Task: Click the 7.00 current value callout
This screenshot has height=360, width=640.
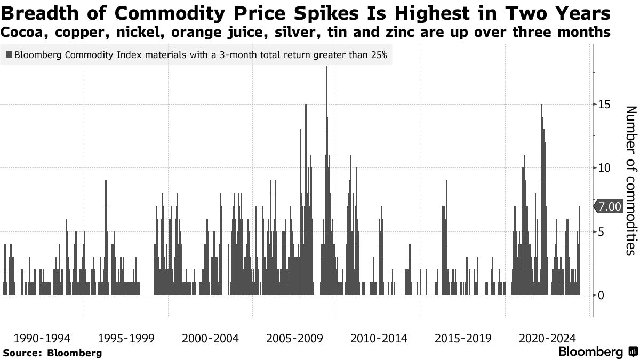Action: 609,207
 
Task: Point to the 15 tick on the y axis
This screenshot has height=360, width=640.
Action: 602,105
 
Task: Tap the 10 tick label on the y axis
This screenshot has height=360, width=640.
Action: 602,168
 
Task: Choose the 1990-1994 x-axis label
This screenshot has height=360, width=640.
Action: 42,338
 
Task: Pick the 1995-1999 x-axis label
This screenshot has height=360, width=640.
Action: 126,338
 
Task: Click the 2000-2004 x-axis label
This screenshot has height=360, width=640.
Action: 210,338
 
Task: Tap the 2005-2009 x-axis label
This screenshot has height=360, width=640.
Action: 294,338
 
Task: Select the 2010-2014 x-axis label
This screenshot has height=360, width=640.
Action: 379,338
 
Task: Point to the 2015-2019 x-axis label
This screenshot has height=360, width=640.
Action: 463,338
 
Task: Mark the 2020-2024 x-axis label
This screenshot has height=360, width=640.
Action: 547,338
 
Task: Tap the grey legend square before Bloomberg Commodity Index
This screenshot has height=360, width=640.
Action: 9,54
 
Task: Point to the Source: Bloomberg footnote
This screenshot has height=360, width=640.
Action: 52,353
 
